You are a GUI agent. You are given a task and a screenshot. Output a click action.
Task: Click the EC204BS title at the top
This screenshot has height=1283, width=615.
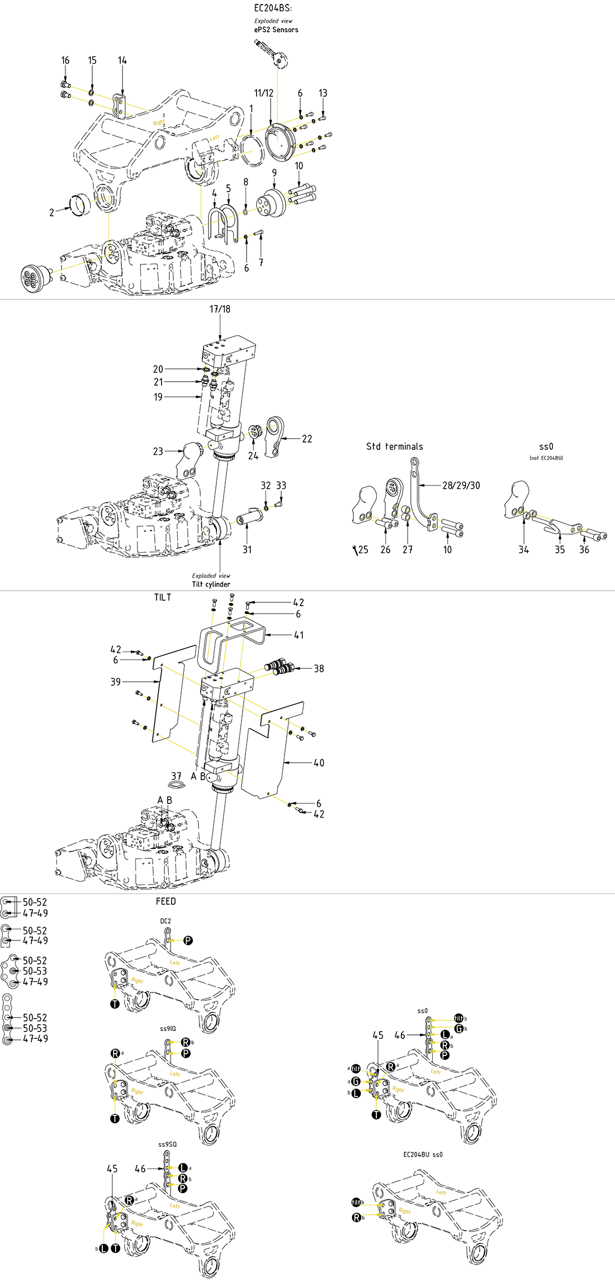[273, 8]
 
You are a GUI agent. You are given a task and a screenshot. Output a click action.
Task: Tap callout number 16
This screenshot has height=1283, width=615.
[65, 60]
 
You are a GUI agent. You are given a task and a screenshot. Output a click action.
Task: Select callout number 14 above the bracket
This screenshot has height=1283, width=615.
[122, 60]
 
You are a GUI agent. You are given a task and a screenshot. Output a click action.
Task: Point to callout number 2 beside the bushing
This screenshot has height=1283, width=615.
[52, 212]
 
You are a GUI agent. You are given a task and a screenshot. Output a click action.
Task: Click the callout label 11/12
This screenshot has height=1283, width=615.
[264, 93]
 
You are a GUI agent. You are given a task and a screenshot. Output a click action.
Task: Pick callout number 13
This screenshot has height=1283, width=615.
[323, 93]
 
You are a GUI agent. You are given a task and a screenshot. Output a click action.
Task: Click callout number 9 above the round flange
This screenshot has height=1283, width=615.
[275, 173]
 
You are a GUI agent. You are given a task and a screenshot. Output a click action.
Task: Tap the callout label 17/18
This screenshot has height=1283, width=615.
[220, 309]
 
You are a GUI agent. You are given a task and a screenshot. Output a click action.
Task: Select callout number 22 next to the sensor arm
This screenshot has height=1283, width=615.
[307, 439]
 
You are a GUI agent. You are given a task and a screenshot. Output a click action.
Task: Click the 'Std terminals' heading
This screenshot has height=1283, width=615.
[395, 446]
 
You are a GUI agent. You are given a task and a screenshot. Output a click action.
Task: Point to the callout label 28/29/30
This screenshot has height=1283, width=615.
[461, 486]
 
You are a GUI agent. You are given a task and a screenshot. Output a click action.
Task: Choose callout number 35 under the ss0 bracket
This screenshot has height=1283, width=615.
[560, 550]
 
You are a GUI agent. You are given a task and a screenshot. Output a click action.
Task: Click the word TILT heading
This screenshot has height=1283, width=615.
[163, 597]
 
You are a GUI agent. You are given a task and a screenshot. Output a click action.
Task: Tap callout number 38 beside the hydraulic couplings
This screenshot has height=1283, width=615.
[319, 668]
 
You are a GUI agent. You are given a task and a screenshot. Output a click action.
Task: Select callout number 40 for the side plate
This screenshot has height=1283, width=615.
[319, 763]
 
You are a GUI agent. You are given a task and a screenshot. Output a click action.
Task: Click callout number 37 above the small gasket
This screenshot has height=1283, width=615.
[177, 776]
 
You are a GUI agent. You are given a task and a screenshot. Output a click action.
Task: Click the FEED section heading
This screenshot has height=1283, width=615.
[165, 901]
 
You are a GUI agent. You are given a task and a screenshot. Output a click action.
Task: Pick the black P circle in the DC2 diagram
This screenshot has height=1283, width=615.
[188, 940]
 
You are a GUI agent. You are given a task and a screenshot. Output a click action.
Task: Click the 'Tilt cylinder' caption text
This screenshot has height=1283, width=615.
[211, 585]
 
